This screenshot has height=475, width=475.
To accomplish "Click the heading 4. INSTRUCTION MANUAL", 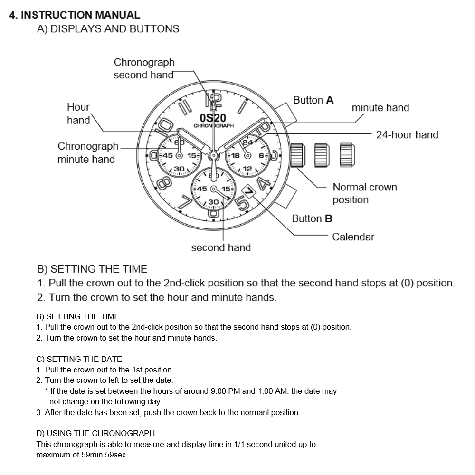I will tap(75, 15).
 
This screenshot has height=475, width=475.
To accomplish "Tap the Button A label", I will tap(313, 100).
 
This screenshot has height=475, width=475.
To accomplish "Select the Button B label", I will tap(312, 218).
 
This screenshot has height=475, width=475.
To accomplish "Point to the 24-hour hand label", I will tap(407, 135).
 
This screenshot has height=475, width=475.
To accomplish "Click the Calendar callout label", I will tap(353, 237).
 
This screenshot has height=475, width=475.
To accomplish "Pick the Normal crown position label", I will tap(364, 193).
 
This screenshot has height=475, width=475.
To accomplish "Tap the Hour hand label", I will tap(78, 114).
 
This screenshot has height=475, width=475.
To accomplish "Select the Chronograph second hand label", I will tap(144, 68).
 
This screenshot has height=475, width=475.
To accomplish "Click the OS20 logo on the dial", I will tap(213, 118).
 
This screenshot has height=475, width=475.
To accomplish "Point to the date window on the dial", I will tap(248, 190).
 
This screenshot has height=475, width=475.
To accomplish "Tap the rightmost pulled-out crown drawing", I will tap(347, 155).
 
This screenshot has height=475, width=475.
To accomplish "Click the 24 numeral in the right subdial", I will tap(247, 142).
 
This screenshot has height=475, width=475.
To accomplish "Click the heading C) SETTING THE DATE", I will tap(79, 359).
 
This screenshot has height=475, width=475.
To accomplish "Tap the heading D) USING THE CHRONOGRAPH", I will tap(95, 433).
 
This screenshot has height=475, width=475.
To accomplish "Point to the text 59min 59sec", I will tap(104, 455).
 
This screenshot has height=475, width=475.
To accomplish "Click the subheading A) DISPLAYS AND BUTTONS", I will tap(108, 29).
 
